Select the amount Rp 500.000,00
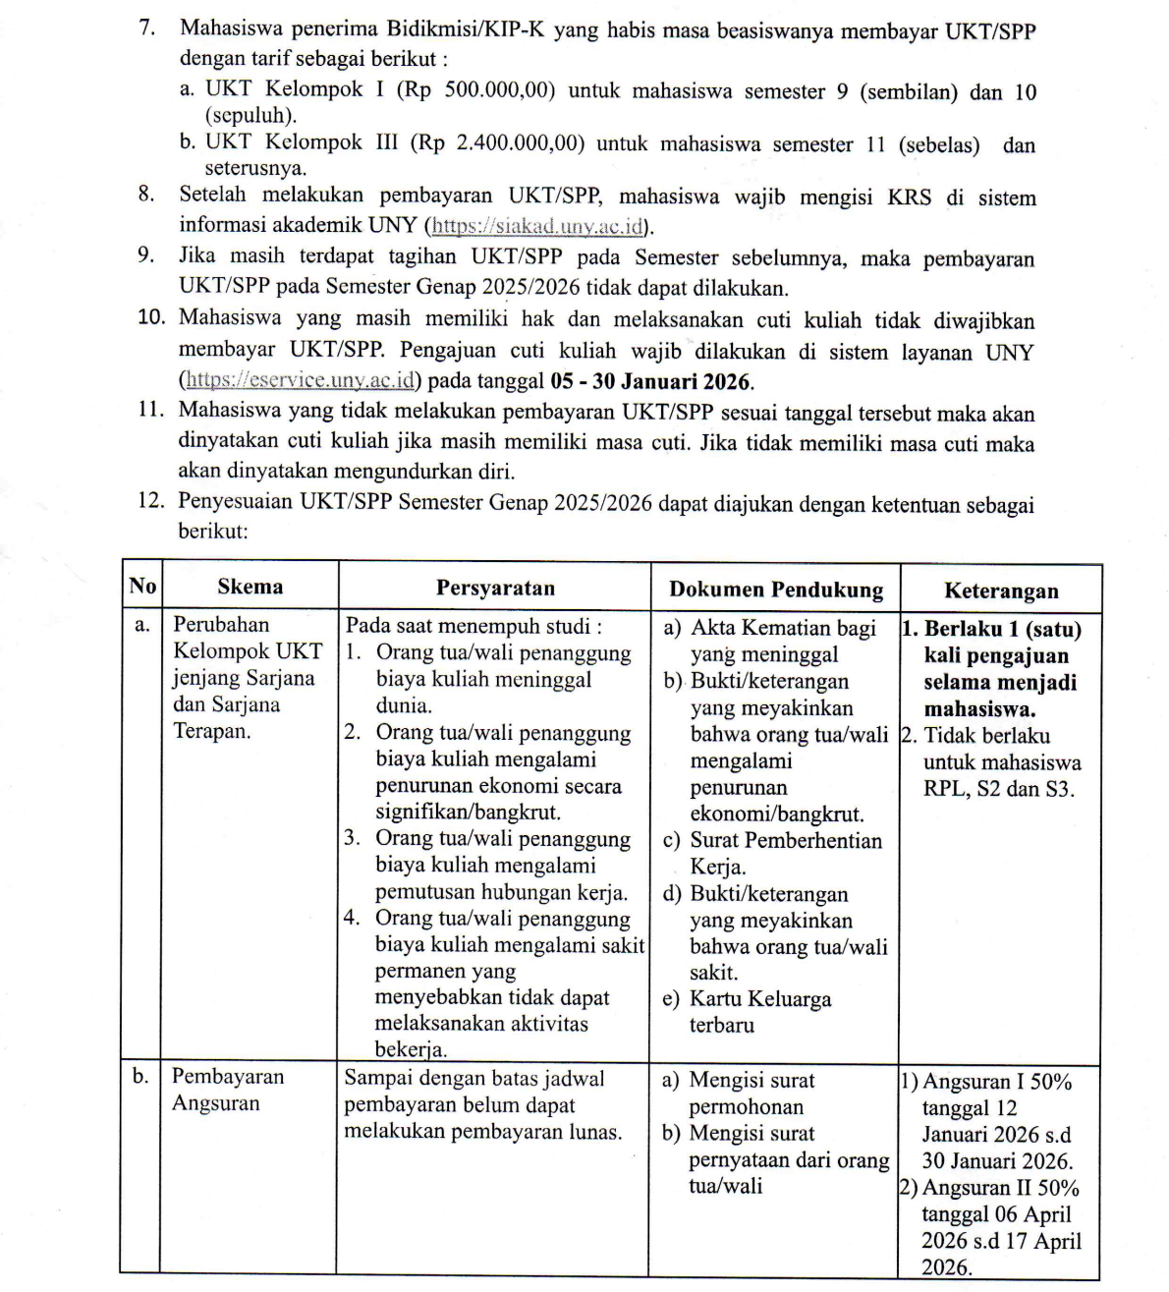tap(481, 91)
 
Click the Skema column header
tap(250, 587)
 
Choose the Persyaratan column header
tap(495, 588)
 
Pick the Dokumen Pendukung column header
tap(776, 590)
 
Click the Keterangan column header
tap(1001, 590)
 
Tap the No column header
tap(141, 587)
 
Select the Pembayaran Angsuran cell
tap(227, 1090)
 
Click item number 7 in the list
tap(147, 28)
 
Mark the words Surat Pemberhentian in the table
tap(786, 840)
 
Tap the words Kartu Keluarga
tap(760, 999)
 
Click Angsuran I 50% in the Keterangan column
tap(997, 1082)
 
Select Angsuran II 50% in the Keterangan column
tap(1000, 1187)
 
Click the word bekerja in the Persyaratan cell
tap(411, 1049)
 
